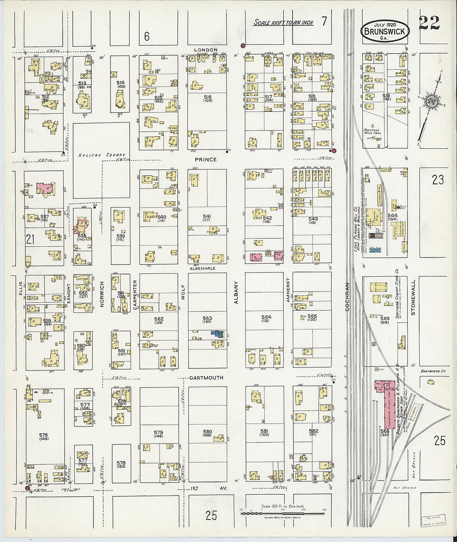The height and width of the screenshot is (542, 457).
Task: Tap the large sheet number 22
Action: [x=429, y=23]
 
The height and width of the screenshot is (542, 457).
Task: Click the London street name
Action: [x=206, y=50]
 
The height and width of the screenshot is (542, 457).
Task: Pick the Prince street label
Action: [x=206, y=159]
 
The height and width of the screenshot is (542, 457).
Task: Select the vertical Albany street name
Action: [x=236, y=292]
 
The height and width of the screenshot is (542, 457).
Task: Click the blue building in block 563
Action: [x=216, y=333]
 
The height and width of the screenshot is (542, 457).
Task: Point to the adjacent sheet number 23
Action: [x=437, y=179]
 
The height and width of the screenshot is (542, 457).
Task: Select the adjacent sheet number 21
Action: [x=30, y=239]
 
